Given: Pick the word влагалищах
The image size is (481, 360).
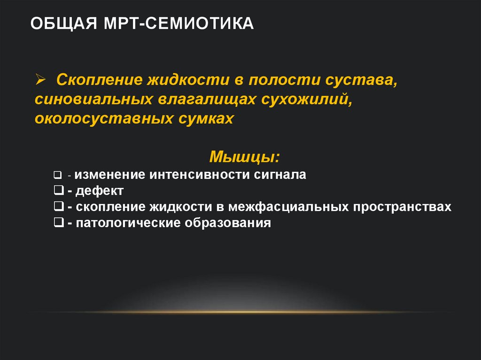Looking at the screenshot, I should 196,99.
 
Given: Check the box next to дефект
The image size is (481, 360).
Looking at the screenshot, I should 59,191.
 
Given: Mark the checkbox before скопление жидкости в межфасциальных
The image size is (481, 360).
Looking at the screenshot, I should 59,207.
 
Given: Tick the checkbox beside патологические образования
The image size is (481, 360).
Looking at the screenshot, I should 59,222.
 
